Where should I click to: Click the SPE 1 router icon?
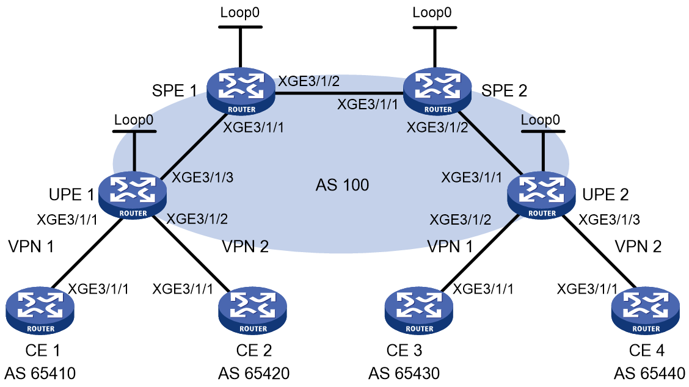[x=241, y=92]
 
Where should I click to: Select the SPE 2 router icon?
[x=437, y=92]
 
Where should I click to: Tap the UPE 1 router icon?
[x=133, y=195]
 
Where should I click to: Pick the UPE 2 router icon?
[x=541, y=195]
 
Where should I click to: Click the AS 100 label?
[x=342, y=185]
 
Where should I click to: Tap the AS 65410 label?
[x=40, y=374]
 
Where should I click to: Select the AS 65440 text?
[x=649, y=374]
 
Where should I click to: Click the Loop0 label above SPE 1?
[x=240, y=12]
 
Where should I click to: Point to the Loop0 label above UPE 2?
[x=541, y=120]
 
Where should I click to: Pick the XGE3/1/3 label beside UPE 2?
[x=609, y=219]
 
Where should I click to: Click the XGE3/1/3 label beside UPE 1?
[x=202, y=178]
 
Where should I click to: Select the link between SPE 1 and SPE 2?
[x=339, y=93]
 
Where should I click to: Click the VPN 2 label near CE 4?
[x=638, y=247]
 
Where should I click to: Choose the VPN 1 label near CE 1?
[x=31, y=247]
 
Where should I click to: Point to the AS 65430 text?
[x=404, y=374]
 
